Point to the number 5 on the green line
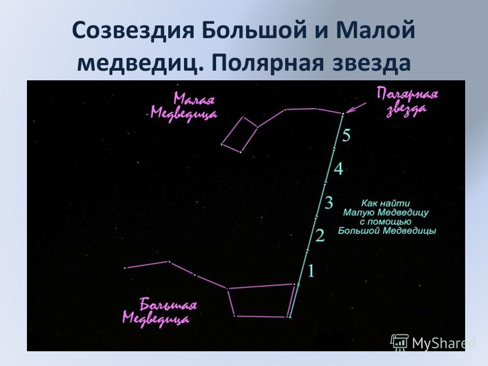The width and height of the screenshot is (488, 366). (x=346, y=135)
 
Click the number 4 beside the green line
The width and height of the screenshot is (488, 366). (x=339, y=169)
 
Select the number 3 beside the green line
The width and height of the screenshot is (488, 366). (x=329, y=202)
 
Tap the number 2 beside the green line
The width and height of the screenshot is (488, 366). (x=320, y=235)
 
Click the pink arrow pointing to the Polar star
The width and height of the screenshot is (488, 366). (x=356, y=108)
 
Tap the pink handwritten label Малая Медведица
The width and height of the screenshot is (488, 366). (x=184, y=106)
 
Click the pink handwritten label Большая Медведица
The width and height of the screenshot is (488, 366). (x=159, y=312)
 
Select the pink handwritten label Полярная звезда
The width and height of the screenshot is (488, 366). (x=407, y=102)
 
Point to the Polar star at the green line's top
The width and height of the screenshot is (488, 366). (x=343, y=114)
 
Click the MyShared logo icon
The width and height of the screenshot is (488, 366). (x=400, y=343)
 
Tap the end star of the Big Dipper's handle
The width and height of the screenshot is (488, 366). (x=125, y=268)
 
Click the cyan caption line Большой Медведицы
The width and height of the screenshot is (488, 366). (x=387, y=231)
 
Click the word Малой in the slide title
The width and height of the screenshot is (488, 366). (x=375, y=30)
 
